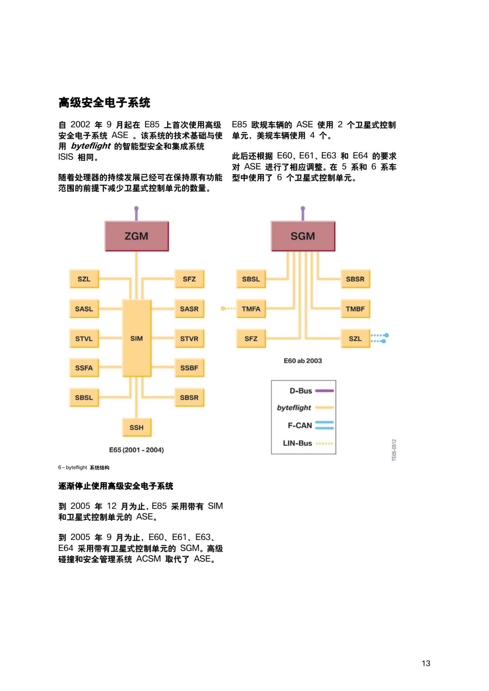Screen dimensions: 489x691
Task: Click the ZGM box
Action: click(137, 236)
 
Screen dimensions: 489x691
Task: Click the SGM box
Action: click(303, 236)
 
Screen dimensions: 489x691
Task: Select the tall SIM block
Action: click(137, 338)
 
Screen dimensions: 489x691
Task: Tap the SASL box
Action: click(84, 309)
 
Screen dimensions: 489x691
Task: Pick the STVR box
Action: click(190, 339)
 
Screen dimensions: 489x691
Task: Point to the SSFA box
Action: click(84, 368)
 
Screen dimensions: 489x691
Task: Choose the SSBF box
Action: click(190, 368)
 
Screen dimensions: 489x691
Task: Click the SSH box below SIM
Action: click(137, 428)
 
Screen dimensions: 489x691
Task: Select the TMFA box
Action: click(251, 309)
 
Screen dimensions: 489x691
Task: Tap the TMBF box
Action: click(355, 309)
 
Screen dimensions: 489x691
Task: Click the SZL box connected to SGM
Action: click(355, 339)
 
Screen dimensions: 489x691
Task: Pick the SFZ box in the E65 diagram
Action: click(190, 279)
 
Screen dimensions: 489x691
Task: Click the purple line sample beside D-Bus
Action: click(324, 390)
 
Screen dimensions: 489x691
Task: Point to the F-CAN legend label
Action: click(300, 425)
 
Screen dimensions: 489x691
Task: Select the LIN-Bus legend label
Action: click(297, 443)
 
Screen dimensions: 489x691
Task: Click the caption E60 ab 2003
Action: click(303, 361)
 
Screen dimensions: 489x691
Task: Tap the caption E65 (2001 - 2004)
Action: click(137, 450)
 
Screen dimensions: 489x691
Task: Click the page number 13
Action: click(426, 663)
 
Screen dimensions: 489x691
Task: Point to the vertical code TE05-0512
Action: click(394, 450)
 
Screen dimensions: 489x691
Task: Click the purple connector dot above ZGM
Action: click(136, 208)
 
